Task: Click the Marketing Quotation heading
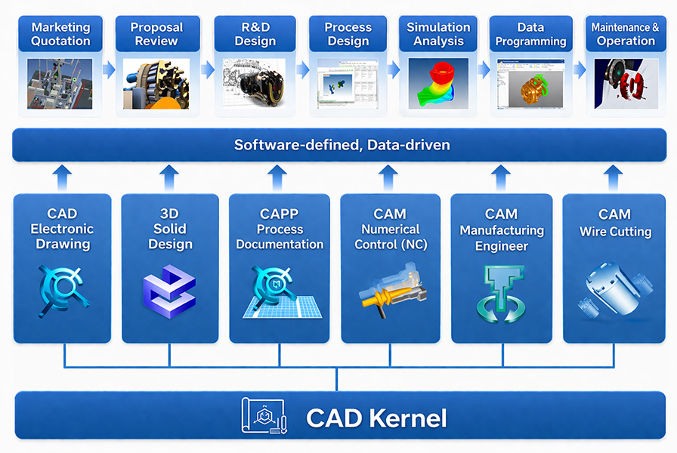tap(60, 34)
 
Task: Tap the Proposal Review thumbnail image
tap(156, 83)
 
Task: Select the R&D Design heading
tap(255, 34)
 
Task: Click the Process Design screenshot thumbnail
tap(348, 84)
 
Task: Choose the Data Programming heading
tap(530, 34)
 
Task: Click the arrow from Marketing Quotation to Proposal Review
tap(109, 70)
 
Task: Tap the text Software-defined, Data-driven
tap(342, 145)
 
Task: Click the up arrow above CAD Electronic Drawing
tap(62, 178)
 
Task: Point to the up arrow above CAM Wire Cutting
tap(614, 178)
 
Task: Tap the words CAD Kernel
tap(376, 418)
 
